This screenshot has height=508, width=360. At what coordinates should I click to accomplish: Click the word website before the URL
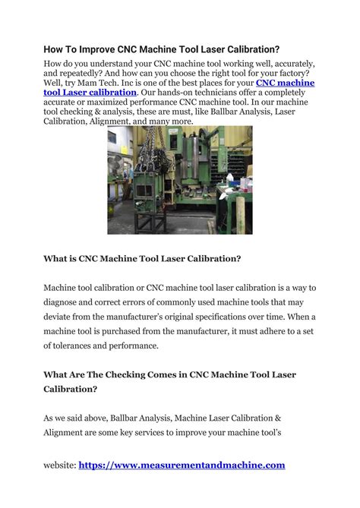tap(58, 465)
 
